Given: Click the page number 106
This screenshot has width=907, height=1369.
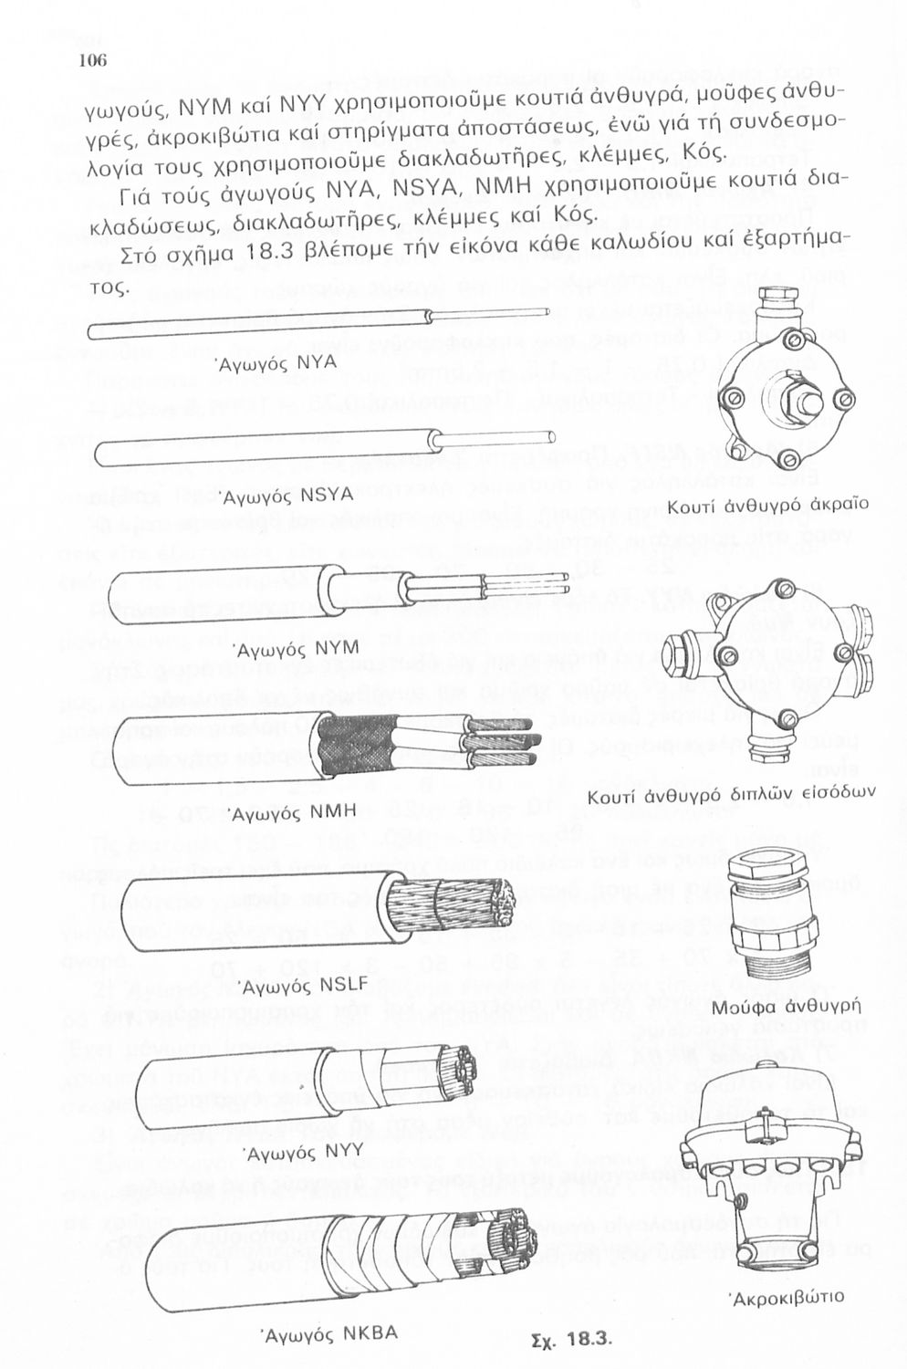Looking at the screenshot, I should coord(93,61).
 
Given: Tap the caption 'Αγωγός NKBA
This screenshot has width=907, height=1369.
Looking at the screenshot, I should coord(330,1332).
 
